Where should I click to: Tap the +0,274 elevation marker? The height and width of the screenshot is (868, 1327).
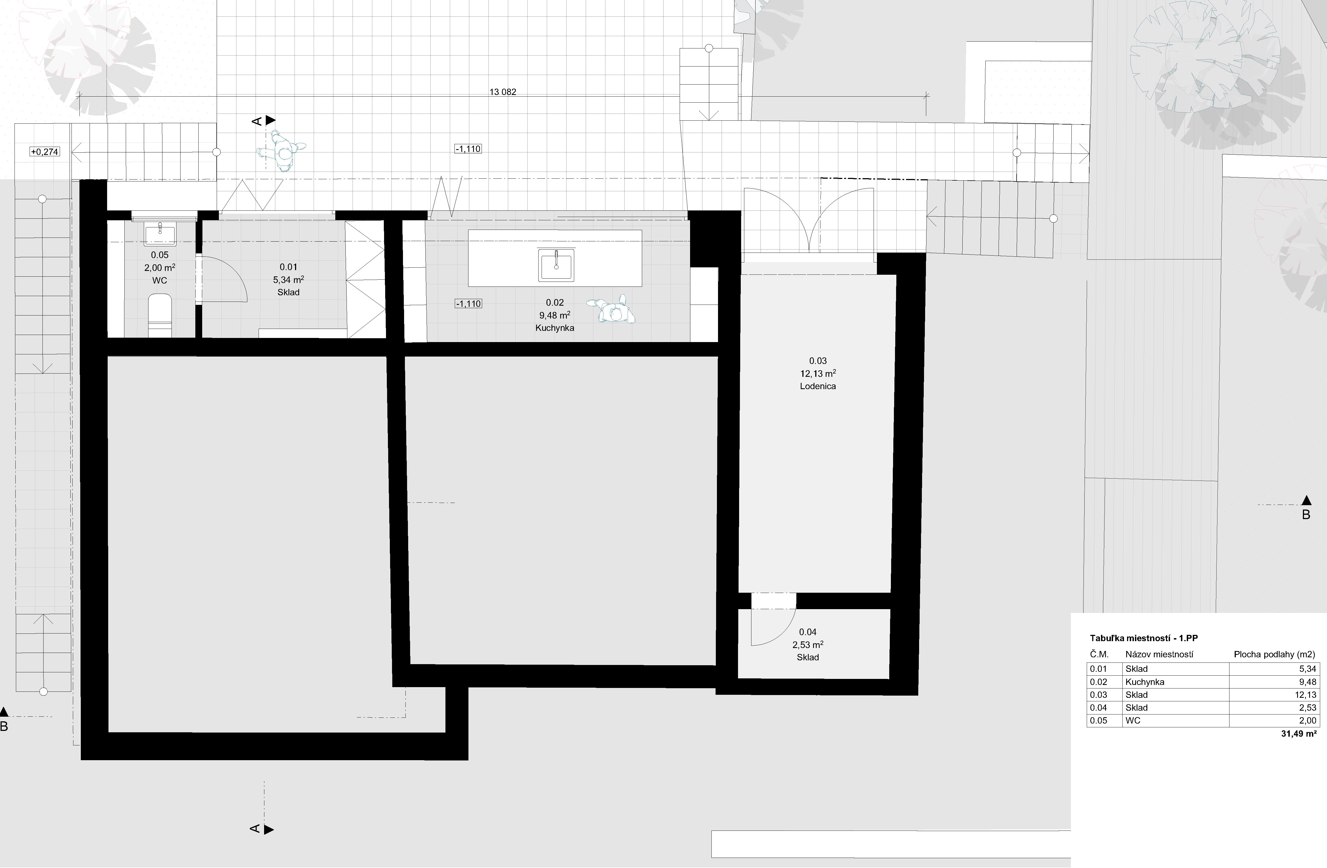[45, 152]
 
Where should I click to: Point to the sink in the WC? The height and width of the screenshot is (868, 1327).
[160, 235]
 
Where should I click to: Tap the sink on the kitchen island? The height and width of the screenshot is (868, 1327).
[556, 265]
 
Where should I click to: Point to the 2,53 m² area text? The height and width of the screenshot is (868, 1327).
[808, 645]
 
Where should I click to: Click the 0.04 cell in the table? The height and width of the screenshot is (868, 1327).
[1099, 708]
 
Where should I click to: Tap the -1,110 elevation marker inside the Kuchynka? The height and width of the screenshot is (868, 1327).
[468, 304]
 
